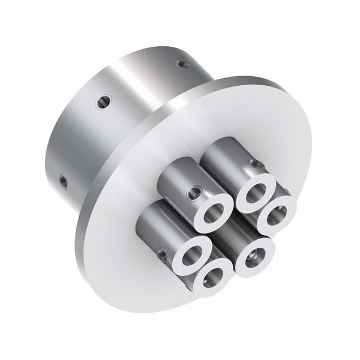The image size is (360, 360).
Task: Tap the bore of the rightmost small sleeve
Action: click(277, 214)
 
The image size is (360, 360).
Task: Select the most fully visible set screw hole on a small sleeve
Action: click(193, 193)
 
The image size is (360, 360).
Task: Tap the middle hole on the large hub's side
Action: click(103, 103)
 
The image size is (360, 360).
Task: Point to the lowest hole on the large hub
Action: click(63, 179)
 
